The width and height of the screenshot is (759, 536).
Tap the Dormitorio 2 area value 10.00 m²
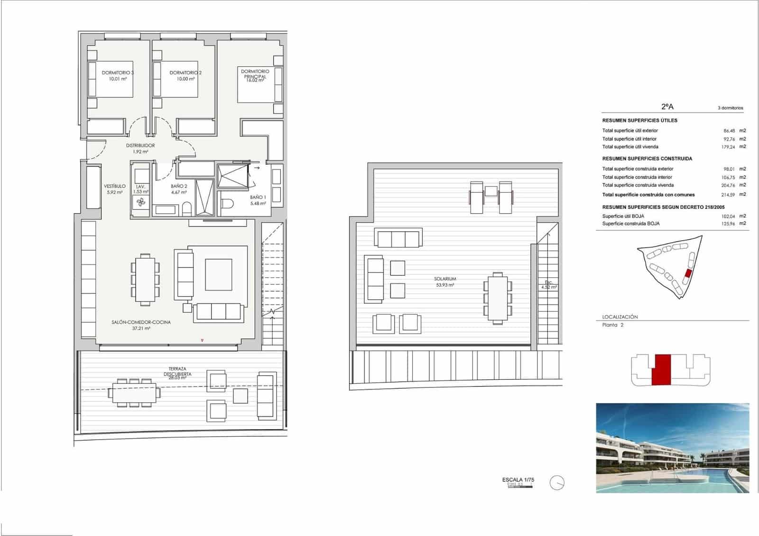(185, 79)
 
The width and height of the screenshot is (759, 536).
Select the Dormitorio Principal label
(255, 74)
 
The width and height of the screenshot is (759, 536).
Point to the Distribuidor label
(140, 146)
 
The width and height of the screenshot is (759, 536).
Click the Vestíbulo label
(115, 186)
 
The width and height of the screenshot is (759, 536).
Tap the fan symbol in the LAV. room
(141, 203)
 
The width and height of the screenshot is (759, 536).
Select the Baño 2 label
(179, 186)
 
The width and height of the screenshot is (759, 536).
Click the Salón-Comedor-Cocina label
(141, 322)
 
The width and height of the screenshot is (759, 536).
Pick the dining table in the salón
(145, 279)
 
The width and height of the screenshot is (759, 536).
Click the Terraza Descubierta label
(177, 371)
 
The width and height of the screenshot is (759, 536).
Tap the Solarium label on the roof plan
(445, 279)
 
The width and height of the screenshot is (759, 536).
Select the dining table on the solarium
(498, 298)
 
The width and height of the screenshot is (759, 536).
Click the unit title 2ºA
(667, 107)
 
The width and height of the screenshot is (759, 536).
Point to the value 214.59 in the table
(728, 195)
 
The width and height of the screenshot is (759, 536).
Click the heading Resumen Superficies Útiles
(639, 121)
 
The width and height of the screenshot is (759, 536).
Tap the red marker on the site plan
(688, 273)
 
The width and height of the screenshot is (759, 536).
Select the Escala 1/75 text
(518, 480)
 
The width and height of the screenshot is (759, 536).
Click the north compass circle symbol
(557, 483)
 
